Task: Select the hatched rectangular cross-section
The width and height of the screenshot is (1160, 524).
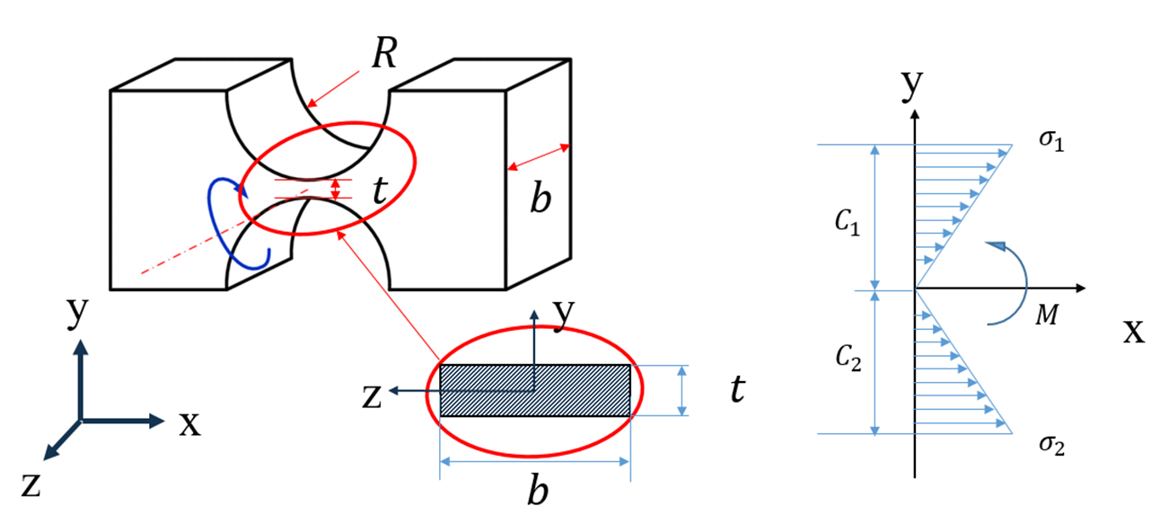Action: tap(535, 390)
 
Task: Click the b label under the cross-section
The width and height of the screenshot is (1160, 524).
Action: tap(536, 493)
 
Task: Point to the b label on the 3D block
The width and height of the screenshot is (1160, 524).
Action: tap(540, 200)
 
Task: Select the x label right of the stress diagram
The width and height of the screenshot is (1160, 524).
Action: tap(1134, 333)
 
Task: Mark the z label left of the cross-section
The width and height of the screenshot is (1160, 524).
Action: tap(372, 395)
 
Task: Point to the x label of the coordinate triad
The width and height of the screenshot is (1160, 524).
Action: tap(189, 423)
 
